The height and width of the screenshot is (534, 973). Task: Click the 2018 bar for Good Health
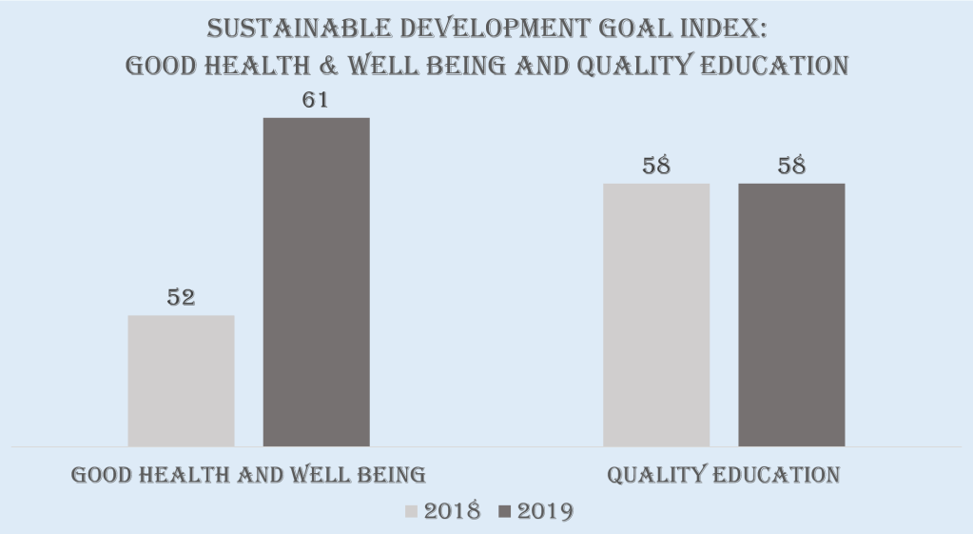tap(181, 381)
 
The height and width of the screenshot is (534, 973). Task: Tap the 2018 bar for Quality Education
tap(656, 314)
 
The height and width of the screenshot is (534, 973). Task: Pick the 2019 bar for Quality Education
tap(791, 314)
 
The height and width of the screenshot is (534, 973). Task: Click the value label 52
tap(181, 297)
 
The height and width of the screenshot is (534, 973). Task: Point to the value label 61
tap(316, 100)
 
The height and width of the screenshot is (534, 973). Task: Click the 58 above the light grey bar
tap(656, 166)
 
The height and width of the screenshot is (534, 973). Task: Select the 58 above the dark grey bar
tap(791, 166)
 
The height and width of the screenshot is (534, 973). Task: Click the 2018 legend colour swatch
tap(411, 511)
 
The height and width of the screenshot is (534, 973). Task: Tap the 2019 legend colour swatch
tap(504, 511)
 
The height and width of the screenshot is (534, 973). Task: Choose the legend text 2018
tap(452, 511)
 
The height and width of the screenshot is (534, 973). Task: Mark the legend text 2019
tap(545, 511)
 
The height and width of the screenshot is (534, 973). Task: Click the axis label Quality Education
tap(724, 474)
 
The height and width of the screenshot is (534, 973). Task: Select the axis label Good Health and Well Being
tap(248, 474)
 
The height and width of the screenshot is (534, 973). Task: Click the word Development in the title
tap(488, 29)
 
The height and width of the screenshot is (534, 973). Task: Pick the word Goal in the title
tap(623, 29)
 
